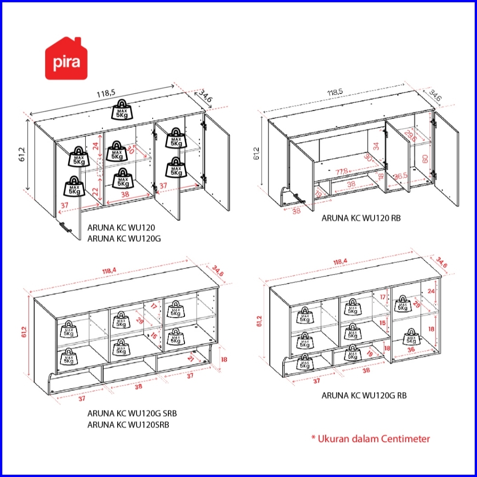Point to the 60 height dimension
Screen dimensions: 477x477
tap(425, 159)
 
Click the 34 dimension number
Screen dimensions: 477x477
tap(376, 146)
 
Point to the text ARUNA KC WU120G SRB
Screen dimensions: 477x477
tap(132, 414)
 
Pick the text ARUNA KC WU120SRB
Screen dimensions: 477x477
tap(128, 425)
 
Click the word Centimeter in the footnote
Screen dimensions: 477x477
tap(405, 438)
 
